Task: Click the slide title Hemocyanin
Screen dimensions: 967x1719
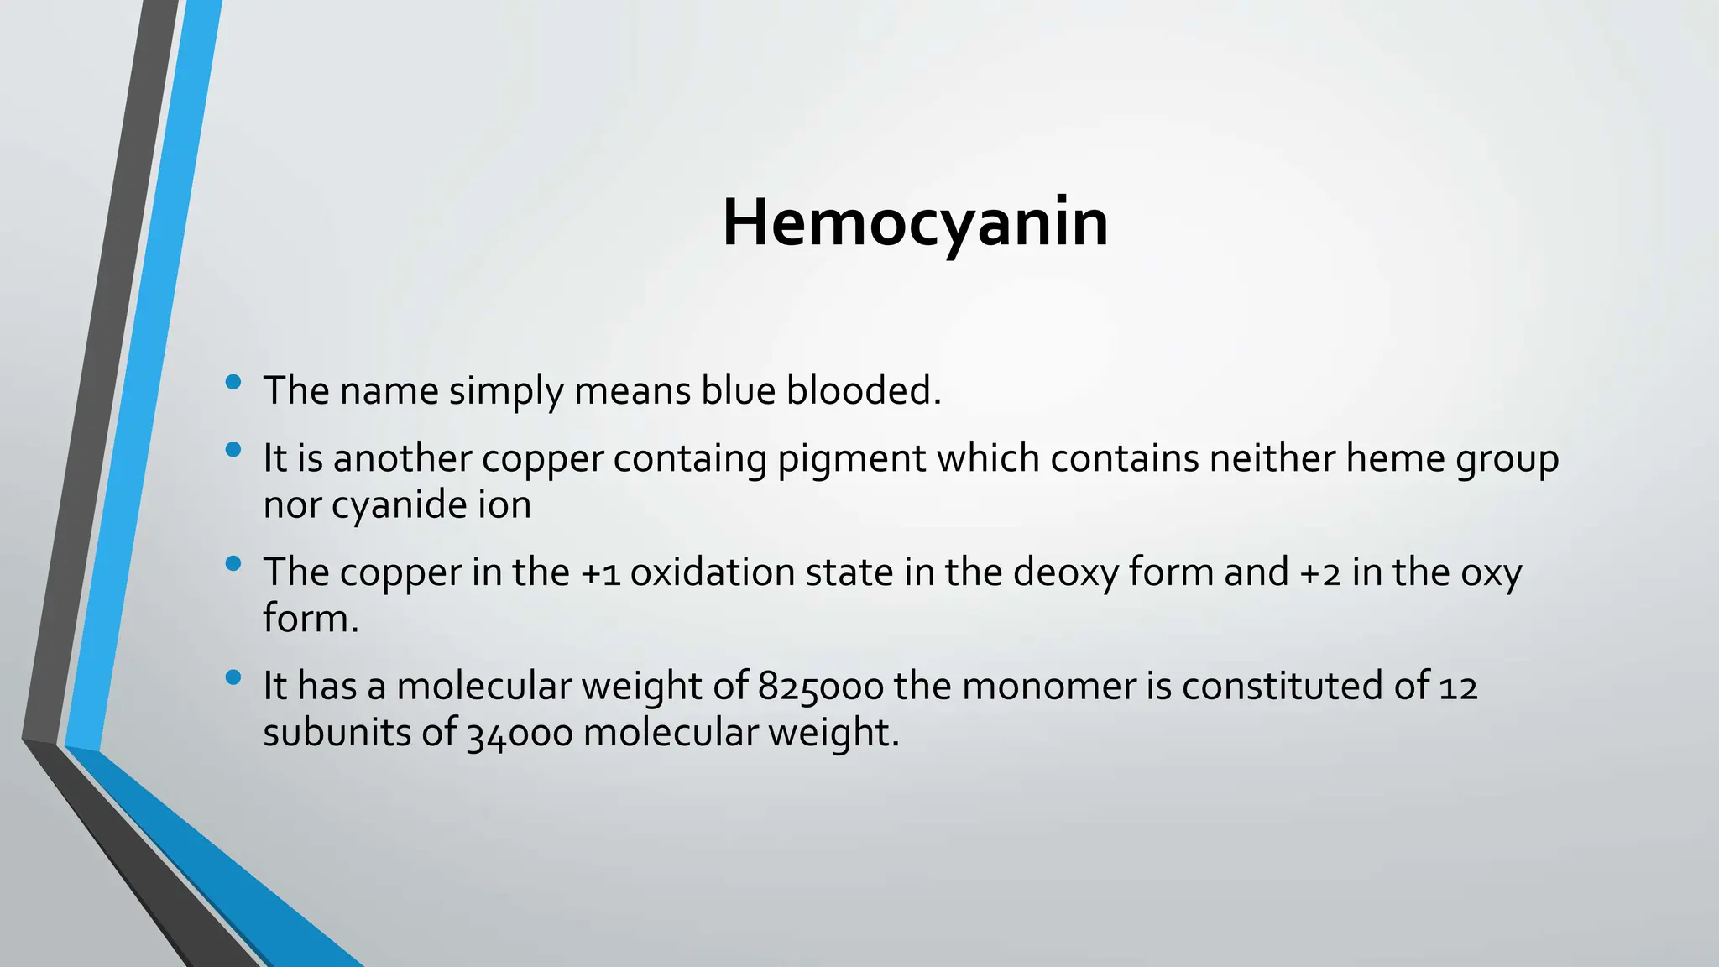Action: point(915,223)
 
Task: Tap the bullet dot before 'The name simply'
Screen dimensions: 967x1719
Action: point(234,383)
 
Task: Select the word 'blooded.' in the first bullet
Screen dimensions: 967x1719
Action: point(864,390)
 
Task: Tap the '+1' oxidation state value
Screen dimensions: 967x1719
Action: point(600,573)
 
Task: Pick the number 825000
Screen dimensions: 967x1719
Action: point(820,687)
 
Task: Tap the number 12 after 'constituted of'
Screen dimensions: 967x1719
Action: point(1458,687)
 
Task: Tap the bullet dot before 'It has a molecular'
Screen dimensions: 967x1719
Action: point(234,677)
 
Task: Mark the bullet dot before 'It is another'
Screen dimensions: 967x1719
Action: point(234,450)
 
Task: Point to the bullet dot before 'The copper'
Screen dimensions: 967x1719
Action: point(234,564)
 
